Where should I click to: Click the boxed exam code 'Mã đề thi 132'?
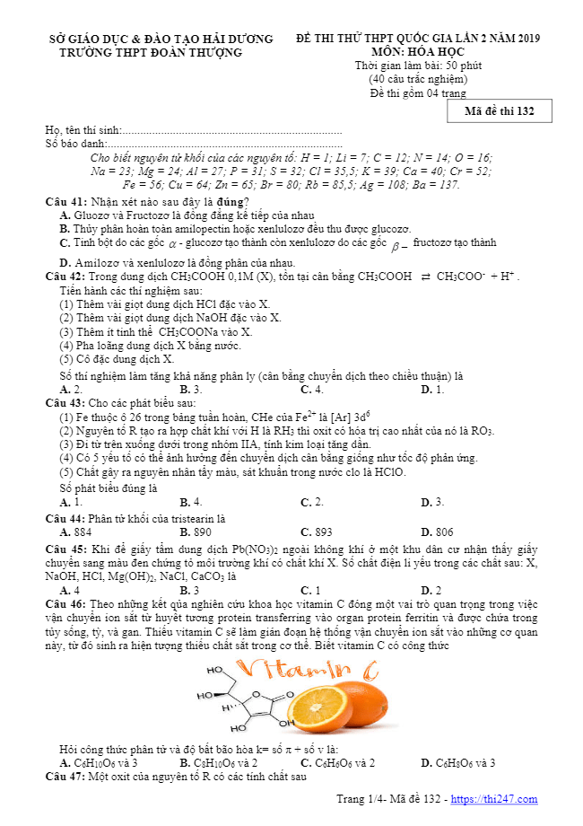500,111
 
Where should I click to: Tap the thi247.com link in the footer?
494,799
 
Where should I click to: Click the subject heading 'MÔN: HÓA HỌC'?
417,53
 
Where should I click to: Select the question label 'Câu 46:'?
65,605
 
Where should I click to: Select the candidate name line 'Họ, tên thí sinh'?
83,130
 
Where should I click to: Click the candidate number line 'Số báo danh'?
75,143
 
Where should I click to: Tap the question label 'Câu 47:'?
65,776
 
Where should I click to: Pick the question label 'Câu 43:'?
65,403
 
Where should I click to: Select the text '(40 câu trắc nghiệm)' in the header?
417,79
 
